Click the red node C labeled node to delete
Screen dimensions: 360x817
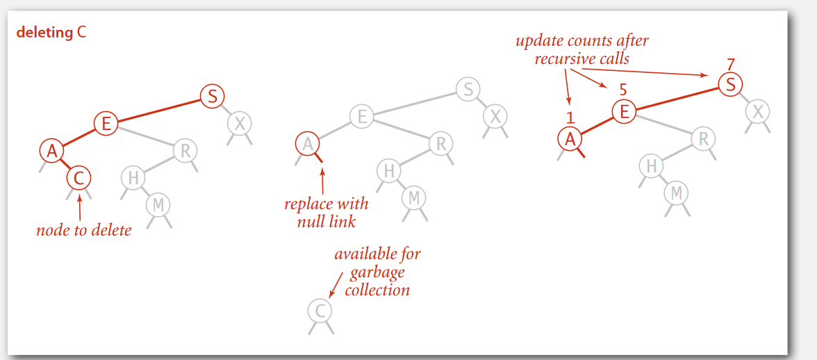click(x=79, y=178)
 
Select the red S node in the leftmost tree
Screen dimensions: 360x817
click(x=212, y=96)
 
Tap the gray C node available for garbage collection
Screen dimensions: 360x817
click(x=320, y=310)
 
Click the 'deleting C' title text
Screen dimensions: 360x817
click(x=51, y=32)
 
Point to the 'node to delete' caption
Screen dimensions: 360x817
click(x=83, y=229)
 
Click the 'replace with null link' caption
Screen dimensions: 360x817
click(x=326, y=213)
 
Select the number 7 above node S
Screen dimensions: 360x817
click(x=730, y=65)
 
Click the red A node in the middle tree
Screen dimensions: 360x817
click(x=307, y=145)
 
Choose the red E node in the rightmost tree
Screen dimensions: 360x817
click(x=624, y=111)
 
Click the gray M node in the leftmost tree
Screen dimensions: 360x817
click(x=158, y=204)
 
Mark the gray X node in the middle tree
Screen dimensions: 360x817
click(x=495, y=115)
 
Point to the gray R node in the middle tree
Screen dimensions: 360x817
click(x=440, y=144)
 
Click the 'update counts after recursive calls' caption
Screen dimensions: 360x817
click(x=582, y=49)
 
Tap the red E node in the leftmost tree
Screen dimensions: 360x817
click(x=106, y=124)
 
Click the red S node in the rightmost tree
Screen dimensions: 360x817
click(x=730, y=85)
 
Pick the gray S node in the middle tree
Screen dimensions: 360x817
click(x=468, y=89)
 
